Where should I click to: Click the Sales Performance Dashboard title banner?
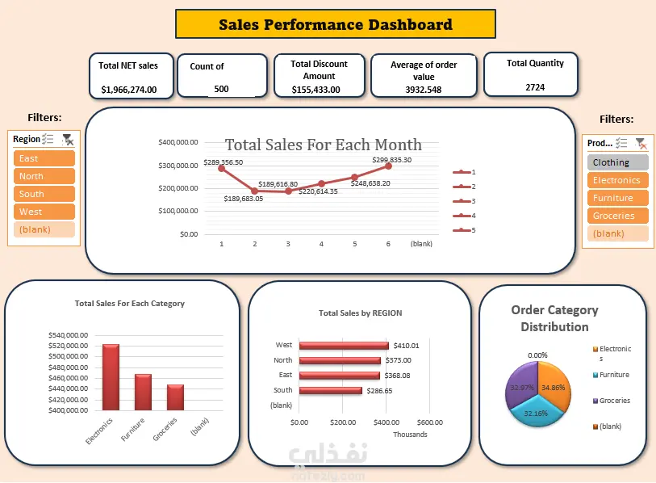(336, 24)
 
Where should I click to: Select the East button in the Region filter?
(44, 158)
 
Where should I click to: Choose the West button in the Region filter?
(44, 212)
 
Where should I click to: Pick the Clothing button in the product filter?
(618, 162)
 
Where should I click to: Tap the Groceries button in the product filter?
(618, 216)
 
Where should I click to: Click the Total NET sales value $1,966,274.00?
(129, 90)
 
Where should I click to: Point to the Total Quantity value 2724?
(535, 87)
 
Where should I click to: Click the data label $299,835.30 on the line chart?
(392, 160)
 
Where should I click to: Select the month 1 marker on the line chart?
(222, 168)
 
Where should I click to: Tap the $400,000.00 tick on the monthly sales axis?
(178, 142)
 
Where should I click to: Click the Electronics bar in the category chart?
(111, 377)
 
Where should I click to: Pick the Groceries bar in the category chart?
(175, 397)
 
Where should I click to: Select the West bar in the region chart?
(344, 346)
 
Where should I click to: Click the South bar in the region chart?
(331, 391)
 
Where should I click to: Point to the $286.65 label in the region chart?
(379, 391)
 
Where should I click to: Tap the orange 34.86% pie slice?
(553, 385)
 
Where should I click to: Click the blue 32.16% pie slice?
(536, 413)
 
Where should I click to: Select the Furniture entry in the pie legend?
(612, 375)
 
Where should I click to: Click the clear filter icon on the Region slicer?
(68, 140)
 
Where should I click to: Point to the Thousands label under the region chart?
(410, 435)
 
